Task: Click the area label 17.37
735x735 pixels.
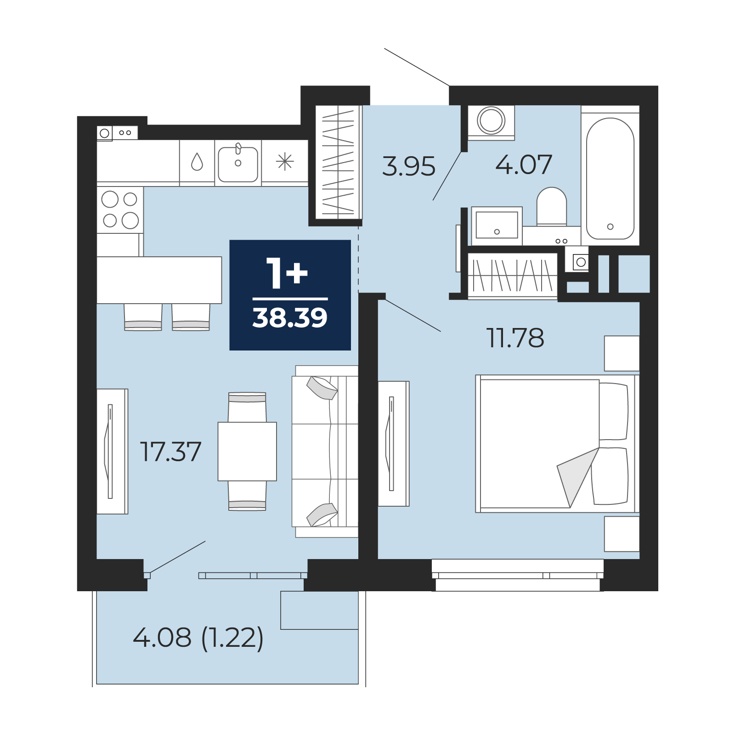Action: pyautogui.click(x=170, y=452)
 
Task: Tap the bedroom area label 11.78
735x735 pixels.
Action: pyautogui.click(x=515, y=338)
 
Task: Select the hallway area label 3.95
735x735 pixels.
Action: pyautogui.click(x=408, y=166)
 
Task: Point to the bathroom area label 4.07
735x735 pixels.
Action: pyautogui.click(x=524, y=164)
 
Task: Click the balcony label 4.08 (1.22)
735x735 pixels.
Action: pyautogui.click(x=198, y=638)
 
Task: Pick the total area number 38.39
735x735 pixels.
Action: pyautogui.click(x=290, y=318)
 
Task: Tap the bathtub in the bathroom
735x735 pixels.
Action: pyautogui.click(x=610, y=179)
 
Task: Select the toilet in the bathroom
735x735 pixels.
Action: pyautogui.click(x=551, y=206)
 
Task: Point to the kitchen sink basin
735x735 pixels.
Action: pyautogui.click(x=238, y=164)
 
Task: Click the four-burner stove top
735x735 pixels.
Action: pyautogui.click(x=120, y=210)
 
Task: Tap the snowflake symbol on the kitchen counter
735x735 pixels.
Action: pyautogui.click(x=285, y=162)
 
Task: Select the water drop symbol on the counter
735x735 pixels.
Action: pyautogui.click(x=197, y=162)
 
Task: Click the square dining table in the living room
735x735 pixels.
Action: pyautogui.click(x=247, y=452)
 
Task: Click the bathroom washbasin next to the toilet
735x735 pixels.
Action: pyautogui.click(x=497, y=225)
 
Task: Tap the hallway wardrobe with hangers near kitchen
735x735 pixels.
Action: pyautogui.click(x=339, y=162)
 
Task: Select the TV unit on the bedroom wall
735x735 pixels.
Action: pyautogui.click(x=394, y=444)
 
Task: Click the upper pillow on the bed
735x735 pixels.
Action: pyautogui.click(x=613, y=412)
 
